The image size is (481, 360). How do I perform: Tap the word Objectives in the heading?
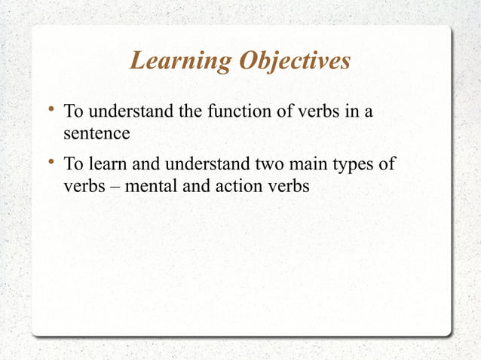pos(295,62)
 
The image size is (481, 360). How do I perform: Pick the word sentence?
pos(97,134)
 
